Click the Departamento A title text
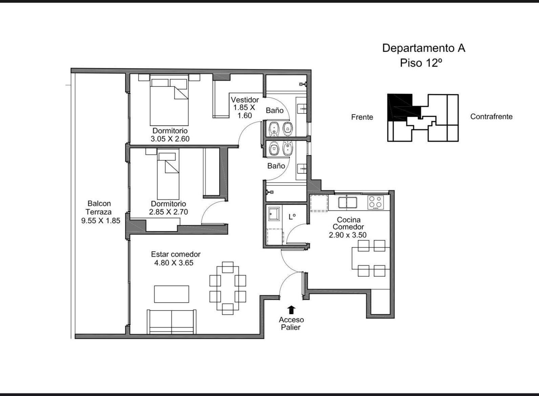(424, 48)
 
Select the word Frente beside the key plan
(362, 117)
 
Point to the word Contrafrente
(491, 117)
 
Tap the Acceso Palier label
(291, 323)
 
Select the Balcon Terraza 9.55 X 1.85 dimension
(101, 220)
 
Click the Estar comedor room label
(175, 254)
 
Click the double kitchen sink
(348, 202)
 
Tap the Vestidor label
(245, 100)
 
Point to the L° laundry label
(292, 217)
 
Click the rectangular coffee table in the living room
(171, 294)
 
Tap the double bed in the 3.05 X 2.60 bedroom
(169, 100)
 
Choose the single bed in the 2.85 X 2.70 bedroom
(168, 174)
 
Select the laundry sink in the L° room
(274, 214)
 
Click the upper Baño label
(274, 110)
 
